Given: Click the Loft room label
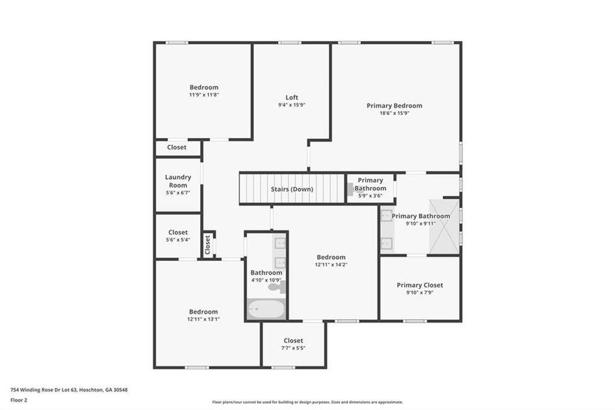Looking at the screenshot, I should [x=291, y=98].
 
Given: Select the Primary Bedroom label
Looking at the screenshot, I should [x=394, y=106].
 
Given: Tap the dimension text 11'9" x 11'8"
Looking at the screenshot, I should [x=203, y=95].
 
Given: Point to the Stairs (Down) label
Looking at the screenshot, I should [x=291, y=189].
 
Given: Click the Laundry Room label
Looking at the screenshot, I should [x=177, y=180].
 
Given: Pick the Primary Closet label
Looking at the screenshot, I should [x=420, y=285].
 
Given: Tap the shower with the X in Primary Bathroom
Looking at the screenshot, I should [x=442, y=227].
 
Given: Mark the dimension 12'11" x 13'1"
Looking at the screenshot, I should [x=203, y=319].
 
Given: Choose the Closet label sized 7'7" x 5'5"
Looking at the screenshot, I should [x=293, y=340].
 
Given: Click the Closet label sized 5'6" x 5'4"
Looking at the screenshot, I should [x=177, y=232].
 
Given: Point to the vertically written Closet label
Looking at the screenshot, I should [x=208, y=245].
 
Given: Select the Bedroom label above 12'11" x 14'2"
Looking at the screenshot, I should [x=331, y=257].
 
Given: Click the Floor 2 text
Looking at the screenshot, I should [x=18, y=401].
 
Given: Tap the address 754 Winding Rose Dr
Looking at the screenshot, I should [x=68, y=389].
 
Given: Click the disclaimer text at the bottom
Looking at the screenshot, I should [x=307, y=402].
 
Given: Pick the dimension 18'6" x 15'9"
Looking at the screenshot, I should [x=394, y=113].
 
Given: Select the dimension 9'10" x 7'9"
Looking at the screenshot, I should [x=420, y=292].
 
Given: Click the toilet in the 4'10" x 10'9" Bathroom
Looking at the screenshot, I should [x=275, y=287].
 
